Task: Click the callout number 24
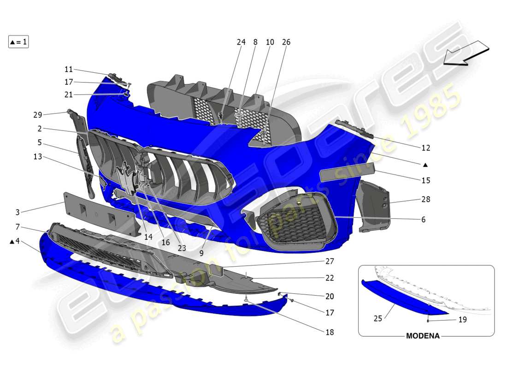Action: (x=241, y=42)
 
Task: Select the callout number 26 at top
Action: (x=286, y=42)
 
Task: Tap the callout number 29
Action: (x=38, y=114)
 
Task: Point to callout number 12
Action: (x=425, y=148)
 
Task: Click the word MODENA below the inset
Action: (x=423, y=336)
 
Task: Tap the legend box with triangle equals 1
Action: (x=18, y=42)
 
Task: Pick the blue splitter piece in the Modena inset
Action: (x=401, y=298)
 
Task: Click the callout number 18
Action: (x=329, y=332)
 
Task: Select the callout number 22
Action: (x=329, y=278)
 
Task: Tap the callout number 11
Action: (x=69, y=69)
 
